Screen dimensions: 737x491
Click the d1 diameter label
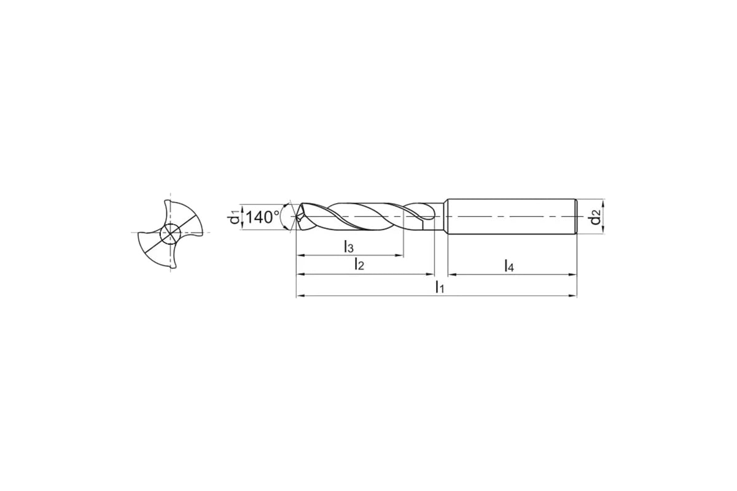pyautogui.click(x=234, y=217)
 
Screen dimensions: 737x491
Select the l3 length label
pyautogui.click(x=348, y=246)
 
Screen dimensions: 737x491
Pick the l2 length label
pyautogui.click(x=359, y=264)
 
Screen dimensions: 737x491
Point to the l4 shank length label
pyautogui.click(x=509, y=265)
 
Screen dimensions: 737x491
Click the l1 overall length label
pyautogui.click(x=440, y=287)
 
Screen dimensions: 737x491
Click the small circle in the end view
pyautogui.click(x=170, y=234)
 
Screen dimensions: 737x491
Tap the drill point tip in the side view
pyautogui.click(x=297, y=217)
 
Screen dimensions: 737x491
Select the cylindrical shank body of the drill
pyautogui.click(x=512, y=217)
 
